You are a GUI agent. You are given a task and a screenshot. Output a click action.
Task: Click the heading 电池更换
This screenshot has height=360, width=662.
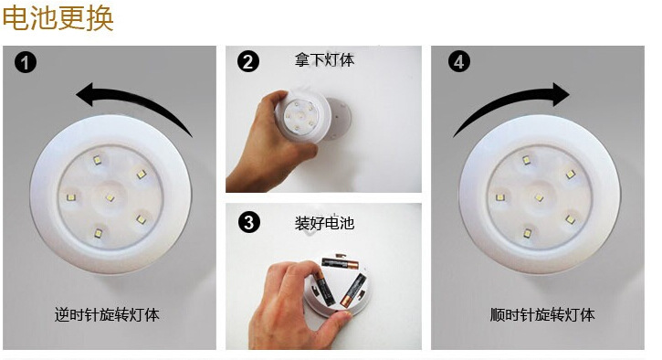click(58, 18)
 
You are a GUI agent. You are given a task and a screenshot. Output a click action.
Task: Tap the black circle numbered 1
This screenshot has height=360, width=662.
click(26, 62)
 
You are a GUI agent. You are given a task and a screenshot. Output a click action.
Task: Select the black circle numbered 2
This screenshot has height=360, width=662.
click(247, 62)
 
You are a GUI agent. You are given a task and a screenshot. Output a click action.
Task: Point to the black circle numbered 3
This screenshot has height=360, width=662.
click(248, 222)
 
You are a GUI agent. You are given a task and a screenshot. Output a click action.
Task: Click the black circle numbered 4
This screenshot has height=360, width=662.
click(459, 62)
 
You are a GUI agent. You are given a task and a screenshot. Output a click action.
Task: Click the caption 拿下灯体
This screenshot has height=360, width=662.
click(324, 59)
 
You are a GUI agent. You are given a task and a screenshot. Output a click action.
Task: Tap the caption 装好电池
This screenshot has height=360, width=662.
click(324, 223)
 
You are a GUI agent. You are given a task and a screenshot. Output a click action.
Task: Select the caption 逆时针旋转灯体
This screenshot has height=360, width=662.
click(107, 315)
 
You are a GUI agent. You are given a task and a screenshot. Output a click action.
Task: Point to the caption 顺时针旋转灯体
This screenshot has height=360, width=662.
click(542, 315)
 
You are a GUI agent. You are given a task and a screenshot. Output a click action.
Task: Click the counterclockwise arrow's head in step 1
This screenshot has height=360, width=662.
click(86, 93)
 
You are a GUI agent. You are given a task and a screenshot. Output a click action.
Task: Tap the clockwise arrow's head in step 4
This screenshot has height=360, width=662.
click(560, 94)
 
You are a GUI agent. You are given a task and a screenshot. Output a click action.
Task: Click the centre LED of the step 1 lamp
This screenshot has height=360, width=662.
click(110, 197)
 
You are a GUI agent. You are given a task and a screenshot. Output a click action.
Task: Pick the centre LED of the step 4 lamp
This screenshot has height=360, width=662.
click(539, 197)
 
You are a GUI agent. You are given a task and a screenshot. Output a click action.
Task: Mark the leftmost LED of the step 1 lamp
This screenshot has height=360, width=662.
click(71, 197)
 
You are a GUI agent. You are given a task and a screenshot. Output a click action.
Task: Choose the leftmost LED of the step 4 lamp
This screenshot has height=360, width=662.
click(500, 197)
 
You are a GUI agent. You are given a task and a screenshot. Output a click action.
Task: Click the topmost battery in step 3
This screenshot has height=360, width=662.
click(340, 263)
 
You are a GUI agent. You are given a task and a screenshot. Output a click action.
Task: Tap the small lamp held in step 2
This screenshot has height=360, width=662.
click(302, 116)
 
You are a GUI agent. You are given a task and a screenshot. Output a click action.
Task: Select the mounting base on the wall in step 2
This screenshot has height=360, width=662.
click(338, 119)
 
